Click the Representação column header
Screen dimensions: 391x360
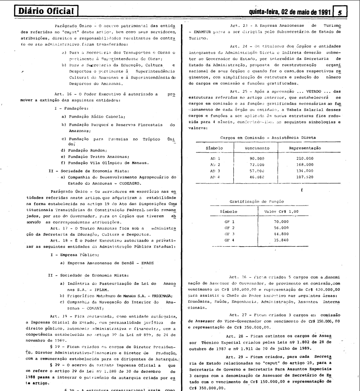point(304,147)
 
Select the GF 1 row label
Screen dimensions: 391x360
point(230,222)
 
